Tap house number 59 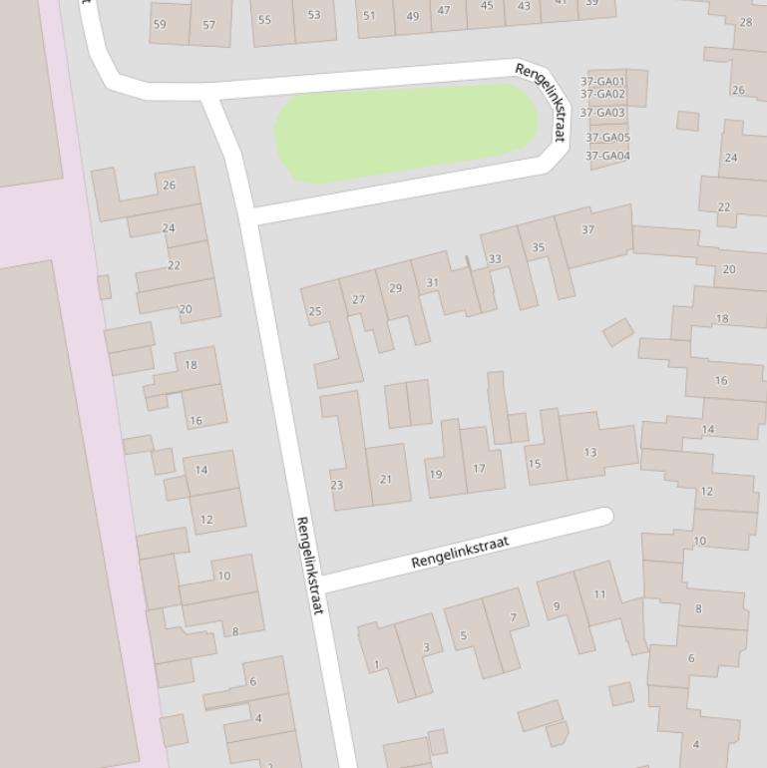[160, 24]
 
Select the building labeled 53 [314, 15]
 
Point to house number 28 [745, 21]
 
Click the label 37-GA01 [602, 82]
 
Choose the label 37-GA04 [607, 156]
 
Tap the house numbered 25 [315, 311]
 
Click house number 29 [396, 288]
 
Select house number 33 [495, 259]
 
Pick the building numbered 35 [539, 247]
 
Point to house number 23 [337, 485]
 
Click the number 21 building [386, 479]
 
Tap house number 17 [480, 468]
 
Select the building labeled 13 [590, 453]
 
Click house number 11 [599, 594]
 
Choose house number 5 [463, 635]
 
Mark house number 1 [377, 664]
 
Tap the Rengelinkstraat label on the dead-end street [460, 552]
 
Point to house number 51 [369, 15]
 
